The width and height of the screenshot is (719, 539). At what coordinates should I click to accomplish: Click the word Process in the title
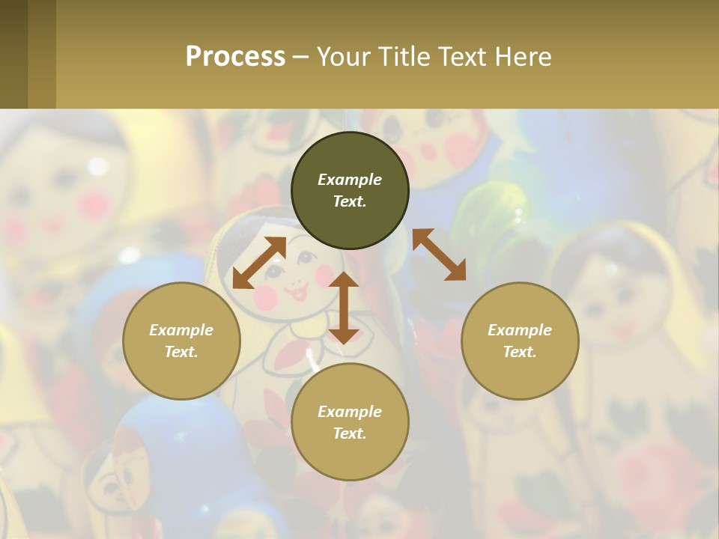pos(235,57)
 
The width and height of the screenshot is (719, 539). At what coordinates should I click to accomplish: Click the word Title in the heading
pos(404,57)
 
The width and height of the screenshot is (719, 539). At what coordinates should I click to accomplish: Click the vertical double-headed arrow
pos(344,308)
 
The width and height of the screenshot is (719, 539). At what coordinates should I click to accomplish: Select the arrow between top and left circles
pos(259,263)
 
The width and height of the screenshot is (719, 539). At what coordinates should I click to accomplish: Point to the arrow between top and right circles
pos(439,255)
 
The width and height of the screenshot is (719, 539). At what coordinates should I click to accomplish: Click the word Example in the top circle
pos(350,180)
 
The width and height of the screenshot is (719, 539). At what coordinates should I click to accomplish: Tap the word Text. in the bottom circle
pos(350,433)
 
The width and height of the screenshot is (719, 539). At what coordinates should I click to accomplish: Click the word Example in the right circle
pos(520,330)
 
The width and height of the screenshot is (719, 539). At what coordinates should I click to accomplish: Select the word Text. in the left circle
pos(181,352)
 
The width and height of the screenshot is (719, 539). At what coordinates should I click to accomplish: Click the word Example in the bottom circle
pos(350,412)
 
